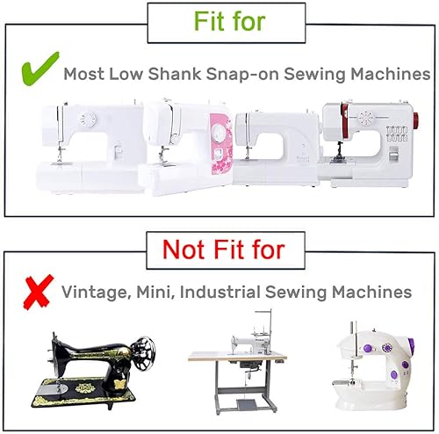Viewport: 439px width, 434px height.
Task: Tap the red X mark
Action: pyautogui.click(x=38, y=292)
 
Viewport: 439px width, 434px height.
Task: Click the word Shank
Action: pyautogui.click(x=175, y=73)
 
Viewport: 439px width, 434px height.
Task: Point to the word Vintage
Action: pyautogui.click(x=96, y=293)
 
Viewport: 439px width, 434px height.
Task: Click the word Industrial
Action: pyautogui.click(x=219, y=292)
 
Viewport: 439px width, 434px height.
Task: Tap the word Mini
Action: pyautogui.click(x=155, y=292)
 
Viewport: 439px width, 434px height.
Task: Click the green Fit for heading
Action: pyautogui.click(x=229, y=21)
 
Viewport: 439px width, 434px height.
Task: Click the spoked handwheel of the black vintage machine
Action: pyautogui.click(x=142, y=353)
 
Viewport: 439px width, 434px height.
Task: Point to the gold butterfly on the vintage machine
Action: pyautogui.click(x=119, y=384)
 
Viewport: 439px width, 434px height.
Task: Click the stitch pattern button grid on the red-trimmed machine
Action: pyautogui.click(x=397, y=134)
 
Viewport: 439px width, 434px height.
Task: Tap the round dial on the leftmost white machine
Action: pyautogui.click(x=87, y=120)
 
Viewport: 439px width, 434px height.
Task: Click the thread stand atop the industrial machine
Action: pyautogui.click(x=263, y=324)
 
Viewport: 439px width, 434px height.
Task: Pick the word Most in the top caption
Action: pyautogui.click(x=84, y=74)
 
